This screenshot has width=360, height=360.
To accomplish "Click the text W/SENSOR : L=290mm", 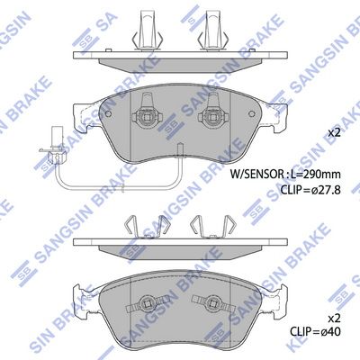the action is tap(285, 174).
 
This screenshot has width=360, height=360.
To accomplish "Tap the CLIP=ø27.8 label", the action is tap(310, 190).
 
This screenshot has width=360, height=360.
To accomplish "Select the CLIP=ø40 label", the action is tap(315, 332).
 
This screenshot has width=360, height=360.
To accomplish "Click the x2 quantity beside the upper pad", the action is tap(334, 132).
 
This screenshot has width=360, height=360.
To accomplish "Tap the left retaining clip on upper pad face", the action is tap(147, 112).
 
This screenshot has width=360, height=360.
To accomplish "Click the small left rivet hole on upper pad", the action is tap(109, 114).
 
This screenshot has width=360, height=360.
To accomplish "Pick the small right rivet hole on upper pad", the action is tap(252, 114).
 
